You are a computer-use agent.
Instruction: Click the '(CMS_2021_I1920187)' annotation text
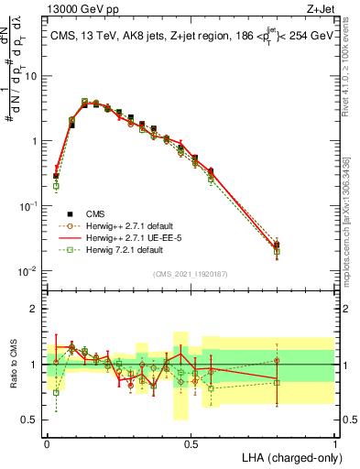191,272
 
